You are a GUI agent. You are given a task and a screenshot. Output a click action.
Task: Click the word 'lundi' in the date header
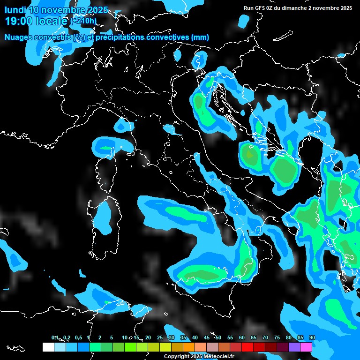15,9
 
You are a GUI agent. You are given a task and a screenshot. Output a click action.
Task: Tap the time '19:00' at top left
19,21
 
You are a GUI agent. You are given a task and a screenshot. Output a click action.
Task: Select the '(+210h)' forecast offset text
83,21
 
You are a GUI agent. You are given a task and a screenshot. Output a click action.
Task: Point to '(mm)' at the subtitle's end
200,37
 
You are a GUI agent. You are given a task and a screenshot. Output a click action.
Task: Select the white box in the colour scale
48,347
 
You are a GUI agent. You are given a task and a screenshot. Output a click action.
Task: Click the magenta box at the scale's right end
306,347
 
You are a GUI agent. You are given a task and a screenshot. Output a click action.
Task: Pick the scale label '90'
312,337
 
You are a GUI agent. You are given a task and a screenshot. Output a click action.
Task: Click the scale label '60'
242,337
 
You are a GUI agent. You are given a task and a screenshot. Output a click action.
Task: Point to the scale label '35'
183,337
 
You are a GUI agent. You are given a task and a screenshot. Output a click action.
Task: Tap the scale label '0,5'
78,337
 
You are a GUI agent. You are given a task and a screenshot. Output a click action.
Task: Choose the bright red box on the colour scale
247,347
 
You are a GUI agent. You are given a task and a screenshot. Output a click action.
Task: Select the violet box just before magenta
294,347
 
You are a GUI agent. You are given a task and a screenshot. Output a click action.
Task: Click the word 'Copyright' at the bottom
177,356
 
